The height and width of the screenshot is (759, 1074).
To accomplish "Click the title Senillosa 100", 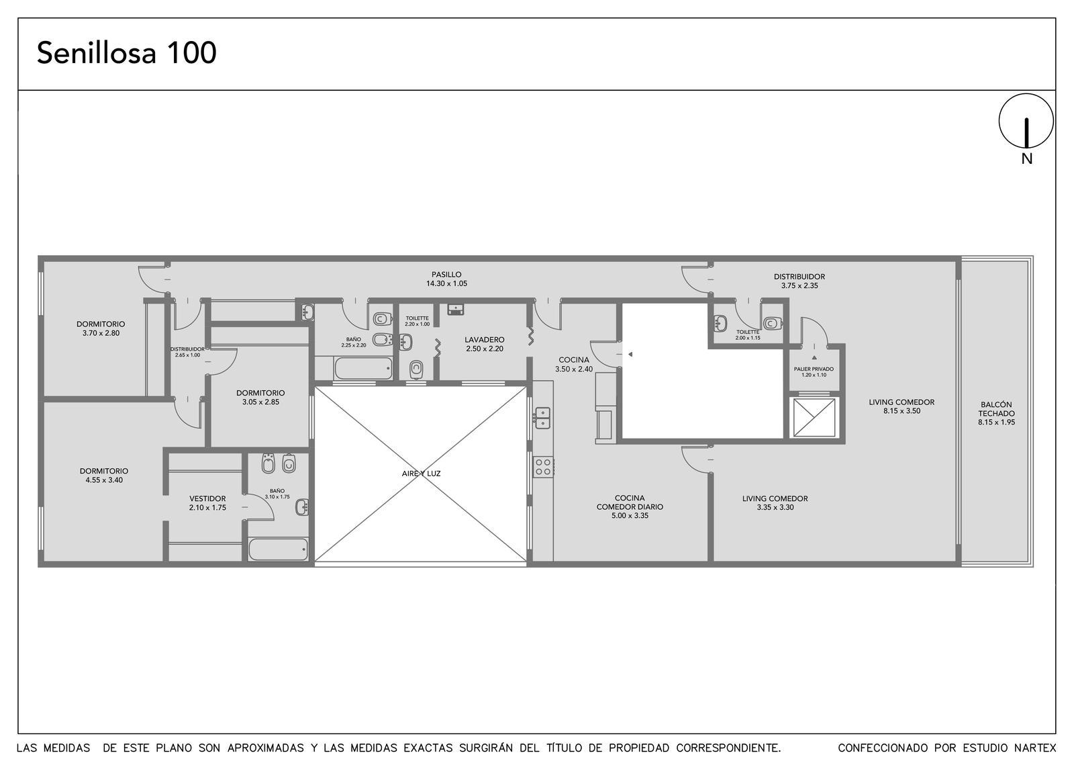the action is coord(127,53).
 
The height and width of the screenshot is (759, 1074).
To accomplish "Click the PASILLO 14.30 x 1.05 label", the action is coord(446,279).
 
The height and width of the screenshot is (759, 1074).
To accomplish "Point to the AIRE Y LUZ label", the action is coord(421,474).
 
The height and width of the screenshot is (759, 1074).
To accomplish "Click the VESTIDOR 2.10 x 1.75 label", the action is coord(207,503).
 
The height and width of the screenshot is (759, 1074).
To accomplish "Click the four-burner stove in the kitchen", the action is coord(543,467).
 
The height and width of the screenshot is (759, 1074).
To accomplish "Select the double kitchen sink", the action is coord(543,418).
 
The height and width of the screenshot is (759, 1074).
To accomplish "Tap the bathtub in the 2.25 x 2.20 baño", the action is coord(363,369).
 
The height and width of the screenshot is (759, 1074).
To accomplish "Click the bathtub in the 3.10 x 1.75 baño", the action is coord(278,549).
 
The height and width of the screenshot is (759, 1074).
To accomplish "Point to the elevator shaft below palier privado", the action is coord(814,417).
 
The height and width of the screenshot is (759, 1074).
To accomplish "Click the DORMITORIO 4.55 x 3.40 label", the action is coord(104,476).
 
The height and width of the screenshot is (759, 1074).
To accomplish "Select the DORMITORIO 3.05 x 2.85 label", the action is coord(260,397).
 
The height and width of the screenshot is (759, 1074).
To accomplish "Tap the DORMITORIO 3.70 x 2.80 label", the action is coord(101,328).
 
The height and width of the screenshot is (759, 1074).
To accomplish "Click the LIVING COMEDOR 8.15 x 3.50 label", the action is coord(901,406).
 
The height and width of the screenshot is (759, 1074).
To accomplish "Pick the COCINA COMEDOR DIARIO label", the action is coord(630,506).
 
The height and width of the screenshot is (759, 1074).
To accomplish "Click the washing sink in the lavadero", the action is coord(456,310).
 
